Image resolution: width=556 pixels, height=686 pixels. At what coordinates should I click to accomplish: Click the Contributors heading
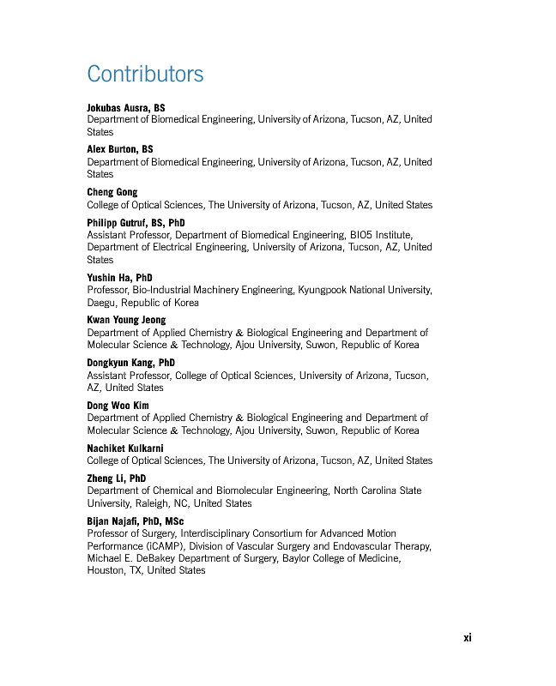tap(145, 74)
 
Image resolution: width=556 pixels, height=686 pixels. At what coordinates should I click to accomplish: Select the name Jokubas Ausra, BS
tap(126, 107)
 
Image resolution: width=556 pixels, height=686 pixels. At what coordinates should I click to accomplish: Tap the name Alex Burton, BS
tap(120, 149)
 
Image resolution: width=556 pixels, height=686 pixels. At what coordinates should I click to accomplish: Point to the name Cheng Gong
tap(112, 192)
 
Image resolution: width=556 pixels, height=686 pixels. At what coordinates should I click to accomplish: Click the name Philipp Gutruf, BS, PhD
tap(136, 222)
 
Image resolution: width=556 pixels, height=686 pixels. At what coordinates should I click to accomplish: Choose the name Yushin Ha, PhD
tap(119, 278)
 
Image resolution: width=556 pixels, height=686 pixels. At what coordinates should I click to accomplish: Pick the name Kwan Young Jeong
tap(126, 320)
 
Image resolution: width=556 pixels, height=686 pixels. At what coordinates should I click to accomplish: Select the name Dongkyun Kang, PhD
tap(130, 363)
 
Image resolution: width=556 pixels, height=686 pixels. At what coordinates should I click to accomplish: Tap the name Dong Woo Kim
tap(118, 406)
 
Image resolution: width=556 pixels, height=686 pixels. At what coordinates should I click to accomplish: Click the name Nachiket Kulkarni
tap(125, 448)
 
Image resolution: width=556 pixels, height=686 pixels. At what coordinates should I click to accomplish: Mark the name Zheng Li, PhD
tap(116, 478)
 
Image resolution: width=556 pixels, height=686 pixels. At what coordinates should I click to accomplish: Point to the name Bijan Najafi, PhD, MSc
tap(135, 521)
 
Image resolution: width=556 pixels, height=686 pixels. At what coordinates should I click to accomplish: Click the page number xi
tap(468, 637)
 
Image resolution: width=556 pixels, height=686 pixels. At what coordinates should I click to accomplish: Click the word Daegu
tap(101, 303)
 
